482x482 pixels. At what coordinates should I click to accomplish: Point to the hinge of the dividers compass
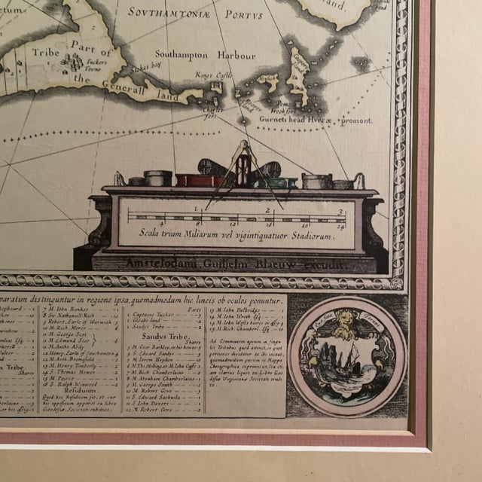tap(243, 146)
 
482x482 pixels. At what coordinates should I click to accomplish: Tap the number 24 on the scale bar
tap(342, 224)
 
